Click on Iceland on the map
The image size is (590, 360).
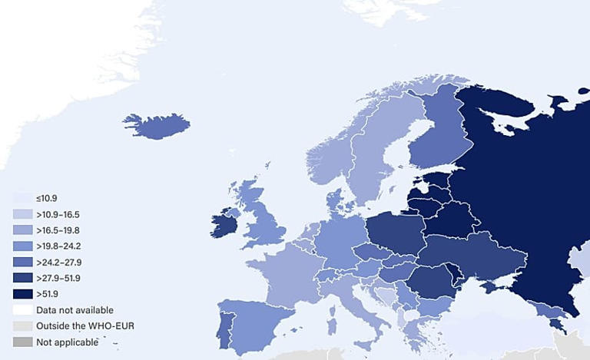pos(157,125)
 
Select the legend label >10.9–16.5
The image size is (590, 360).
pos(58,214)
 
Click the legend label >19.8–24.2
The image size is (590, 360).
pos(58,246)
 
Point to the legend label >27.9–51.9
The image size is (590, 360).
pos(58,278)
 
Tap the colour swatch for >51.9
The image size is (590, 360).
pos(22,294)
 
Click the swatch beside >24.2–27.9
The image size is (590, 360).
pos(22,263)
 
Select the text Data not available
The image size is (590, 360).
pos(74,310)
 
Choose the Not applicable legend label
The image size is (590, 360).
pos(67,342)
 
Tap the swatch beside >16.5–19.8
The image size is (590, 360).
pos(22,230)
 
